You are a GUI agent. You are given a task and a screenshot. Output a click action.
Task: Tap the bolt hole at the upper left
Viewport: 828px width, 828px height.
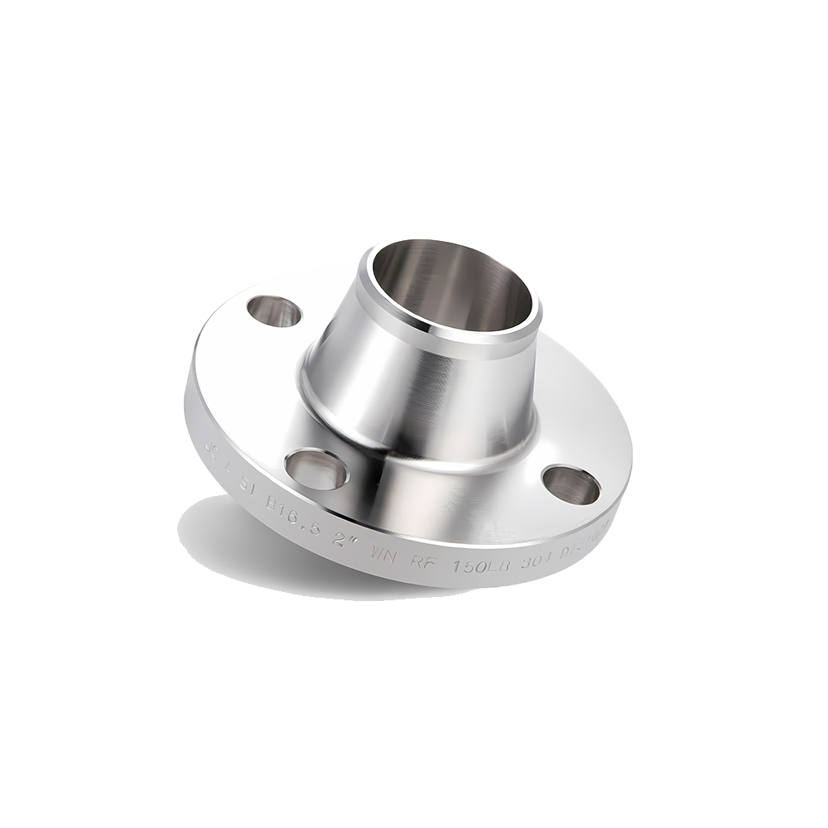pos(274,311)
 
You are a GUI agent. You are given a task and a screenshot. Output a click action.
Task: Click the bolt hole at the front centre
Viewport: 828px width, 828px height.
pos(316,469)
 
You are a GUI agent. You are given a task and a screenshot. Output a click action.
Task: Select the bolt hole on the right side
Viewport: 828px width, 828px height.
pos(570,484)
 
